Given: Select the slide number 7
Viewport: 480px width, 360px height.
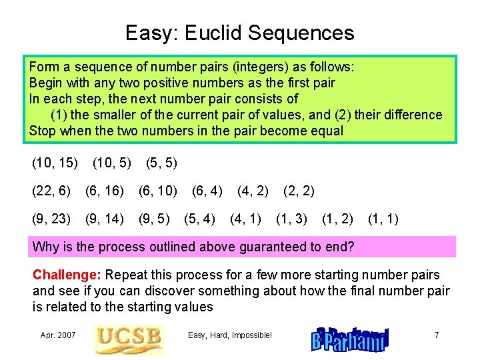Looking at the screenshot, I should (x=436, y=335).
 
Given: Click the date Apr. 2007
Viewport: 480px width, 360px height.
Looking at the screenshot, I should (x=57, y=335).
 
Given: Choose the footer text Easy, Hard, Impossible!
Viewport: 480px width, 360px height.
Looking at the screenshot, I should (x=230, y=335).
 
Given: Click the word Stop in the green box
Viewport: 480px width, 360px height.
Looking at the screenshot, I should (x=43, y=131).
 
